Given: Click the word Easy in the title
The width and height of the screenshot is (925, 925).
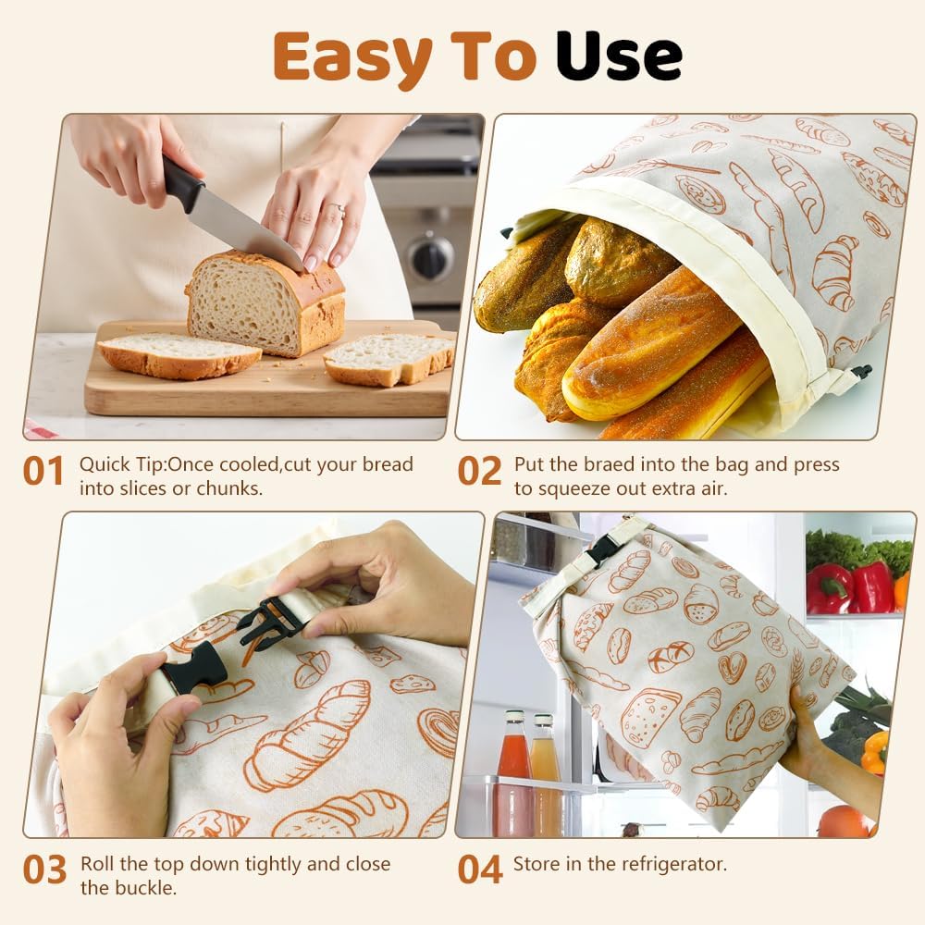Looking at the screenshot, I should (351, 57).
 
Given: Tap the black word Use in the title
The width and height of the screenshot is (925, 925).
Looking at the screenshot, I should (618, 57).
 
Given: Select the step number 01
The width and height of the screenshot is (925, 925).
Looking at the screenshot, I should (43, 471).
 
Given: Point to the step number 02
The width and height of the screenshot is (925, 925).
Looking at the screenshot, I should (479, 471).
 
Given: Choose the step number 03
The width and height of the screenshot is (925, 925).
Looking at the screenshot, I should (44, 870).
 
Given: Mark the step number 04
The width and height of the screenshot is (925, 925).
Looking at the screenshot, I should (480, 869).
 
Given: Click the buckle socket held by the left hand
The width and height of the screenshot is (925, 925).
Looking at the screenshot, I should (194, 666).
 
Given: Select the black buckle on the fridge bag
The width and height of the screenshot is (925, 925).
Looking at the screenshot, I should (603, 549).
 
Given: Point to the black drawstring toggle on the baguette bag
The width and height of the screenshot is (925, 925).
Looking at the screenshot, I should (862, 371).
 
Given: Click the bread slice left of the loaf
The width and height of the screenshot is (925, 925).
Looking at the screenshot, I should (179, 354).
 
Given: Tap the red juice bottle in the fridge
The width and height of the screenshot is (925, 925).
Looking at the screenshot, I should (513, 777).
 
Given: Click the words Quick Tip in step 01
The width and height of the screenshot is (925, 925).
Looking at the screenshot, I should (122, 464).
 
